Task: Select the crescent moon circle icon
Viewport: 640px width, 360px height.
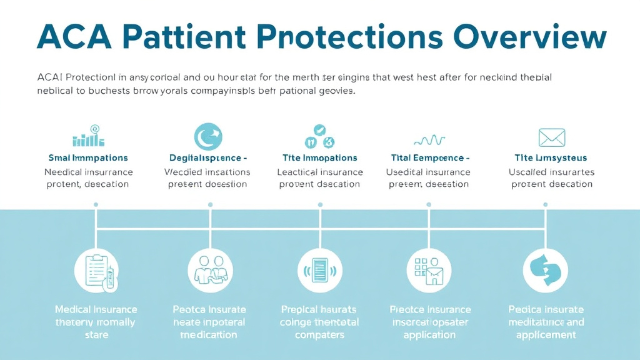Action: tap(208, 137)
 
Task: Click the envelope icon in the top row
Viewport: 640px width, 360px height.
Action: tap(551, 137)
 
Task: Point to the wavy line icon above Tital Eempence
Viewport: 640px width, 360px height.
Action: tap(429, 139)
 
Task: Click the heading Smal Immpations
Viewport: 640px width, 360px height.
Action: tap(88, 158)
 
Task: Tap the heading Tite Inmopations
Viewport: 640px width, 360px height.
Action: tap(319, 158)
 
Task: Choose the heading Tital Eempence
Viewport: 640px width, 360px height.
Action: tap(427, 158)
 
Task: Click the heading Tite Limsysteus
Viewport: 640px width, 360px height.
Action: tap(551, 158)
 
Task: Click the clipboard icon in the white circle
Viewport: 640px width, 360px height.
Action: tap(96, 270)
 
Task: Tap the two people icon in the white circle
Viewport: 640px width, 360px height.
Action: tap(210, 270)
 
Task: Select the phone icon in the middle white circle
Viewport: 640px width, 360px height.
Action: tap(319, 270)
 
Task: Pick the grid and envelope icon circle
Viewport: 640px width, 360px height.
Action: tap(429, 270)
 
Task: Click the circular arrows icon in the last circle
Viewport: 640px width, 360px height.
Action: tap(545, 270)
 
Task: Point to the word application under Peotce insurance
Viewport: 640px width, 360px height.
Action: tap(429, 335)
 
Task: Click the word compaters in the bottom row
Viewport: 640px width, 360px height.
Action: tap(319, 335)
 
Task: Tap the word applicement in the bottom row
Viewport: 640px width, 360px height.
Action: tap(546, 335)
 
